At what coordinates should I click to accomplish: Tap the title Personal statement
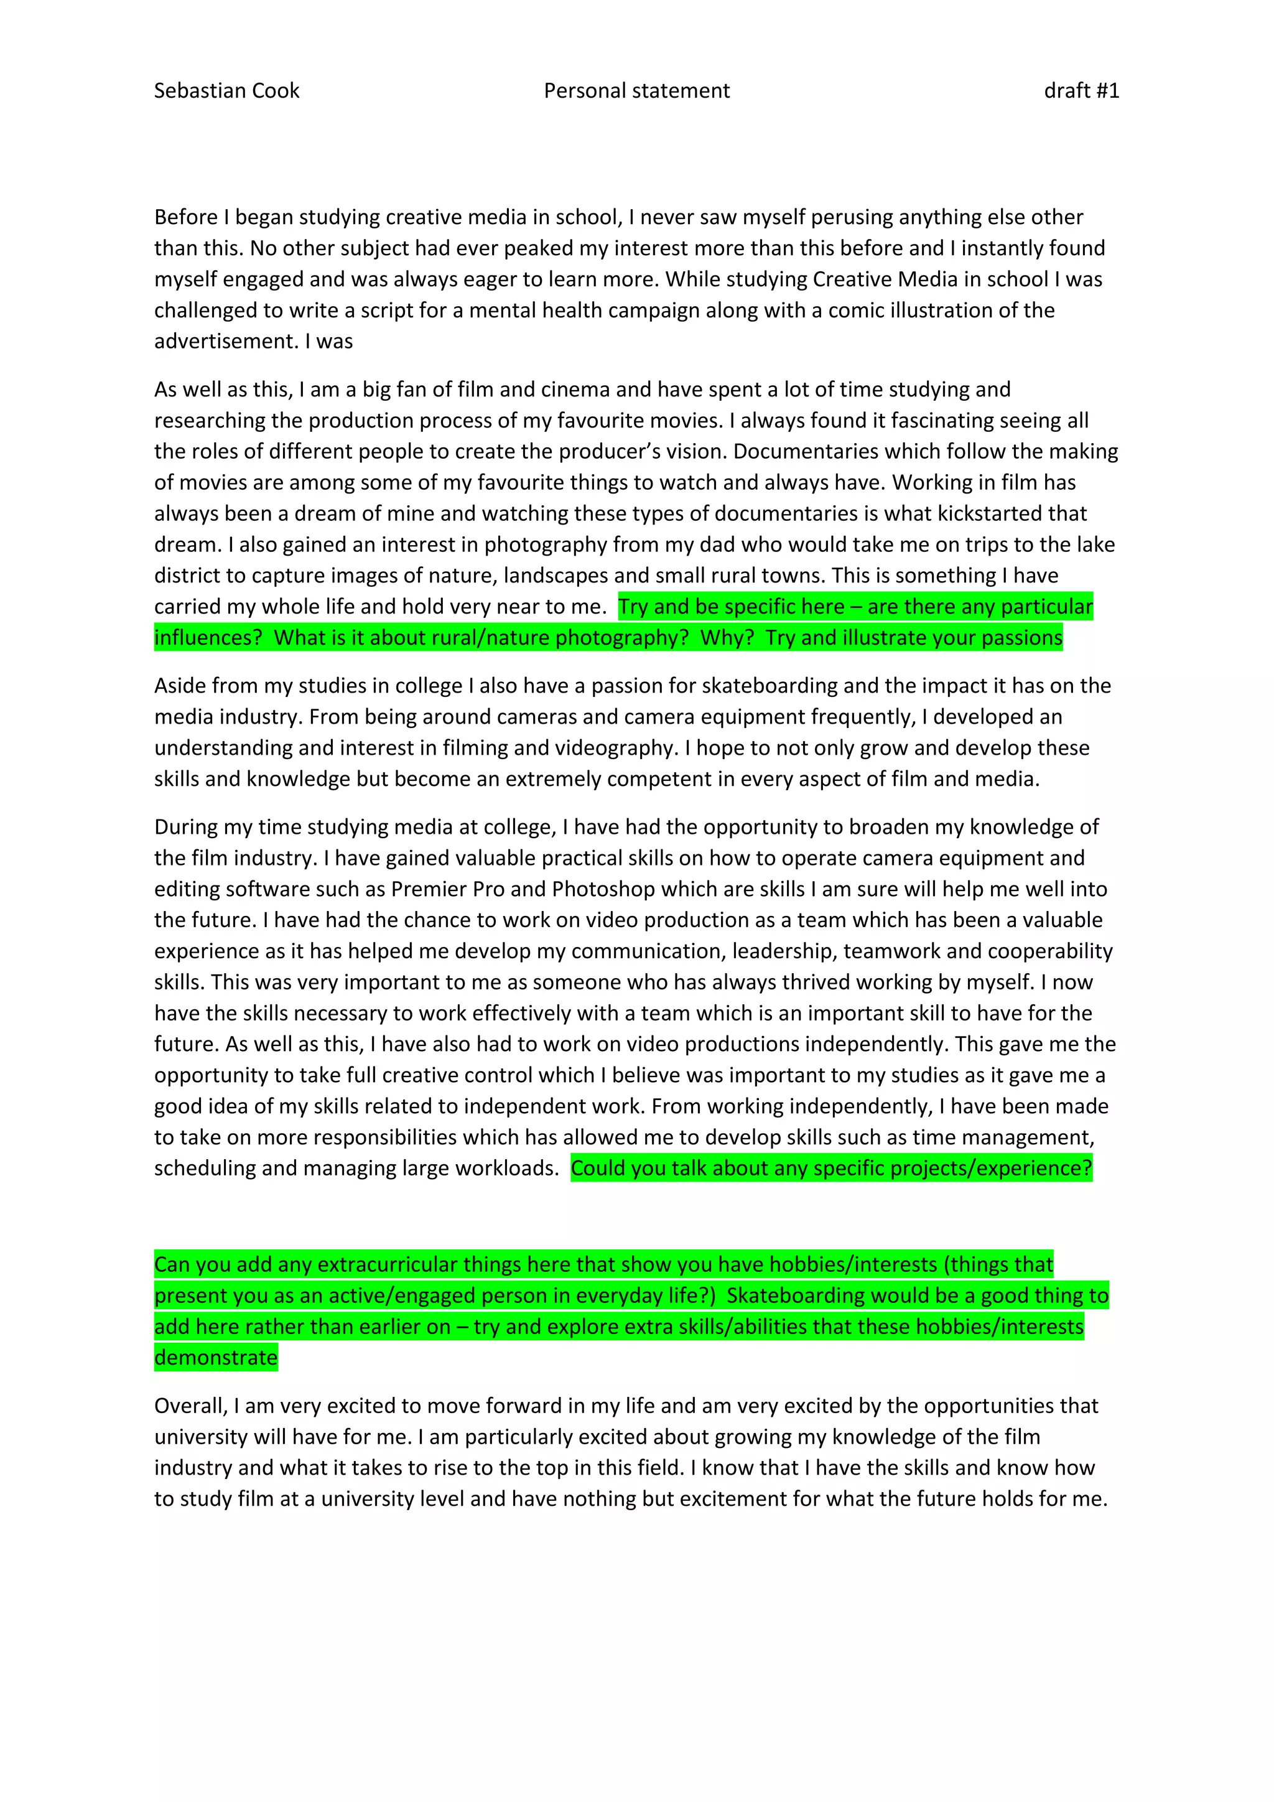636,91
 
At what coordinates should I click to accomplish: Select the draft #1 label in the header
1081,91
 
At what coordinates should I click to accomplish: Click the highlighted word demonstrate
216,1358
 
